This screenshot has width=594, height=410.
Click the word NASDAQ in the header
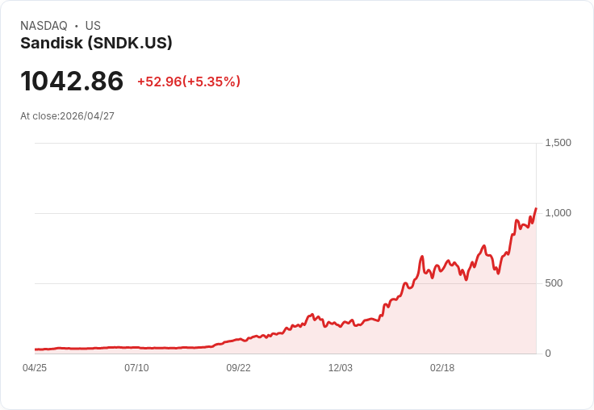pyautogui.click(x=44, y=26)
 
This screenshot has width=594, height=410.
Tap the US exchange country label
pyautogui.click(x=93, y=26)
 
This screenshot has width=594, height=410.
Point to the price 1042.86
pyautogui.click(x=72, y=82)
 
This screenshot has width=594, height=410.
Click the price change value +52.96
pyautogui.click(x=159, y=82)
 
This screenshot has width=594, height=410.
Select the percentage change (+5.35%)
pyautogui.click(x=211, y=82)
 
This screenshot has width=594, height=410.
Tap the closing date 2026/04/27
pyautogui.click(x=87, y=116)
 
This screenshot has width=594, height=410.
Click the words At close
pyautogui.click(x=39, y=116)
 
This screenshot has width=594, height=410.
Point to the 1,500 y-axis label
pyautogui.click(x=558, y=143)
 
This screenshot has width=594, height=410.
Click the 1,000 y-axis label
pyautogui.click(x=558, y=213)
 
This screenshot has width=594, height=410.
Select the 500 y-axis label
pyautogui.click(x=554, y=283)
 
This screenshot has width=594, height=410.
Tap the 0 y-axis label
pyautogui.click(x=548, y=354)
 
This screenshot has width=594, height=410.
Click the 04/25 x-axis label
pyautogui.click(x=35, y=368)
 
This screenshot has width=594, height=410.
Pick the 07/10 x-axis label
pyautogui.click(x=136, y=368)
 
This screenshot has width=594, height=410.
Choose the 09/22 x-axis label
pyautogui.click(x=238, y=368)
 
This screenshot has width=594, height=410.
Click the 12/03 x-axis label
pyautogui.click(x=341, y=368)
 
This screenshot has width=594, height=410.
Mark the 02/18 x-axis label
pyautogui.click(x=442, y=368)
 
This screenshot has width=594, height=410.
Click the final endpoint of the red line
pyautogui.click(x=536, y=208)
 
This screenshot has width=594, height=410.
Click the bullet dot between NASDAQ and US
pyautogui.click(x=76, y=26)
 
